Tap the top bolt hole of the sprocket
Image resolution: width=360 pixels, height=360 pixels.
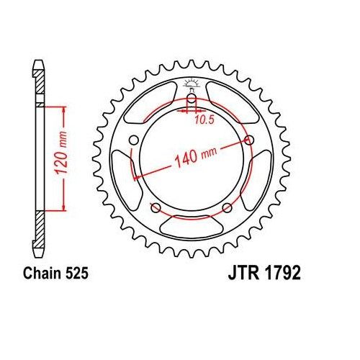click(x=192, y=101)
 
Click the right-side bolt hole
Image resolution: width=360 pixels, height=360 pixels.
click(x=249, y=140)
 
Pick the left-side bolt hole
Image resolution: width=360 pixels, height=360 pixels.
click(x=134, y=141)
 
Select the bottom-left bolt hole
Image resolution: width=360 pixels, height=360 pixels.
click(x=155, y=208)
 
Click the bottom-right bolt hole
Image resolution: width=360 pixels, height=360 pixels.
click(x=227, y=208)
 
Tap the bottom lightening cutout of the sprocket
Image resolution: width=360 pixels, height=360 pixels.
click(x=192, y=230)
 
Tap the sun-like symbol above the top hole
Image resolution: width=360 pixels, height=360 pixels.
click(x=192, y=84)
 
